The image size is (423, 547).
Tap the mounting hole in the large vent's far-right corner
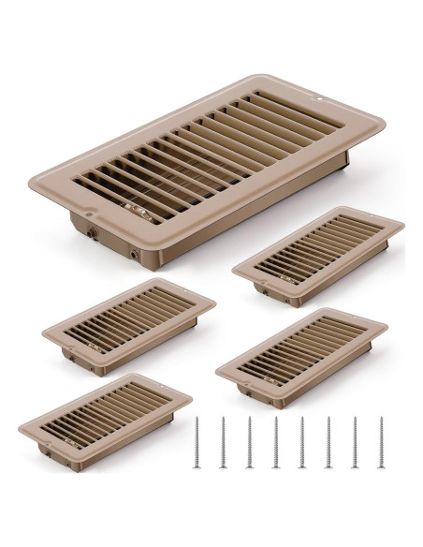317,96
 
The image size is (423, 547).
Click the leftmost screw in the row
199,443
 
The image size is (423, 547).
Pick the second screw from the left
225,443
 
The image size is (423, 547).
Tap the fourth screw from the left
276,443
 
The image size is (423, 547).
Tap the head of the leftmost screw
199,421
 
